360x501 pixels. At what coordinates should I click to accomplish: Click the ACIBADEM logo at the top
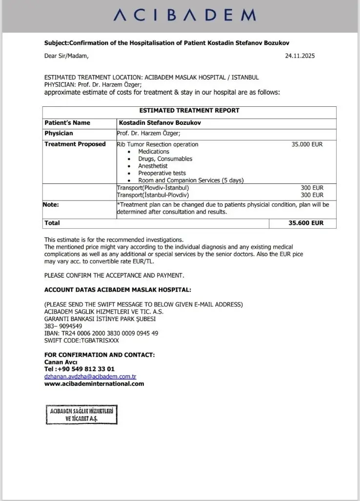pos(184,16)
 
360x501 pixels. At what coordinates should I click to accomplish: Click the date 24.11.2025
pos(300,56)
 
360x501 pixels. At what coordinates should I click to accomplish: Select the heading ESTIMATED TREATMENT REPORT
pos(189,111)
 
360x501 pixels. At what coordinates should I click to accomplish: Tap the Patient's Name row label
pos(67,123)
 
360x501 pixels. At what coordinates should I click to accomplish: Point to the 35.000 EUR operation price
pos(307,144)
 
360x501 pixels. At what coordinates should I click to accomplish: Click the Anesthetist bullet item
pos(153,166)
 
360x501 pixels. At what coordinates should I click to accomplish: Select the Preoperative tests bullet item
pos(161,173)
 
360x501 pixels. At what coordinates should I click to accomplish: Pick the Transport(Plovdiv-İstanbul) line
pos(153,188)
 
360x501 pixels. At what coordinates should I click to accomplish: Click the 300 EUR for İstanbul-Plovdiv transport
pos(312,195)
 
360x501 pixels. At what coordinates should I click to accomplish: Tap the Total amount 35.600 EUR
pos(306,223)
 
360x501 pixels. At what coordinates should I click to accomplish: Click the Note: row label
pos(51,205)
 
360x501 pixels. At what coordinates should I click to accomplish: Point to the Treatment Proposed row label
pos(75,144)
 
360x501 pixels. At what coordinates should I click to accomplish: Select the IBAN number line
pos(101,333)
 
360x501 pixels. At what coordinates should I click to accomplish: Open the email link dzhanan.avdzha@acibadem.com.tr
pos(90,377)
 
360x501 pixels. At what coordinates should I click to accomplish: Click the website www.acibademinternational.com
pos(94,383)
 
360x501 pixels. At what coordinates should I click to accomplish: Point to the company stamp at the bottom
pos(82,415)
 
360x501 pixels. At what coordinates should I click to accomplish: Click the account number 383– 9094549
pos(63,326)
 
